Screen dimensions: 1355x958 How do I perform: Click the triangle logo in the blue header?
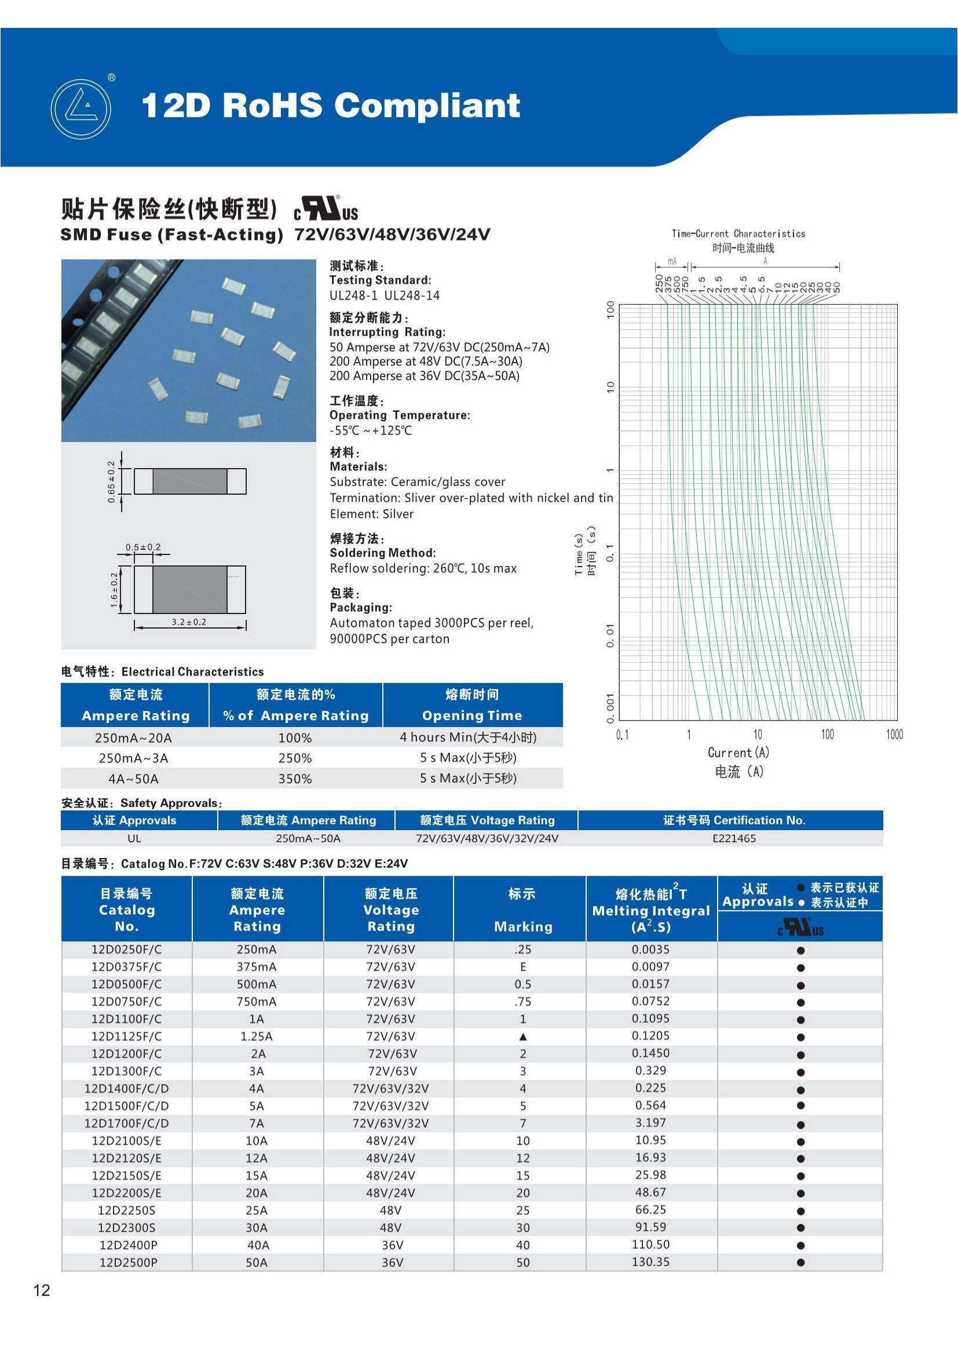(81, 109)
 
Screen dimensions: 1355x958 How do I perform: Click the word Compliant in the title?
(427, 105)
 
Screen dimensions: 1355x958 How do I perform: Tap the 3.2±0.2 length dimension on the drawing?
(189, 622)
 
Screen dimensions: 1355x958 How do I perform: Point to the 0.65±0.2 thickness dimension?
(111, 481)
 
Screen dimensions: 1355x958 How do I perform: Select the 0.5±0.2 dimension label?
(142, 547)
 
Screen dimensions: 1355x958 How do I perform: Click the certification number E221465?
(734, 839)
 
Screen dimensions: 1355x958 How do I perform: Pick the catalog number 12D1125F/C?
(126, 1036)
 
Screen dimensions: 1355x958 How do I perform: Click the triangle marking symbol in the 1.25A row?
(522, 1037)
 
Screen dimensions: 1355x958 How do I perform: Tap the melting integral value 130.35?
(650, 1262)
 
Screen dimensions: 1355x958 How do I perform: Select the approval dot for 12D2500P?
(800, 1262)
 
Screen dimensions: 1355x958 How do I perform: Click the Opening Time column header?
(472, 715)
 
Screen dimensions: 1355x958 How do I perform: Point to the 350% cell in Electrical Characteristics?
(295, 779)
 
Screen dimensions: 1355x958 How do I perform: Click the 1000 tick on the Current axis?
(894, 734)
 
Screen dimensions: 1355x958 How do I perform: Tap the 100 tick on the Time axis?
(610, 310)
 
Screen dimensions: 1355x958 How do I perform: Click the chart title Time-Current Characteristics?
(738, 233)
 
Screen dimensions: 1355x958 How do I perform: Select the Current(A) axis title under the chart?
(738, 753)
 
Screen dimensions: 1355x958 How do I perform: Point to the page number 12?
(42, 1290)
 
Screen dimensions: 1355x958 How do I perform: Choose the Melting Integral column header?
(650, 911)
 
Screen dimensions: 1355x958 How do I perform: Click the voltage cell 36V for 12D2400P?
(392, 1246)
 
